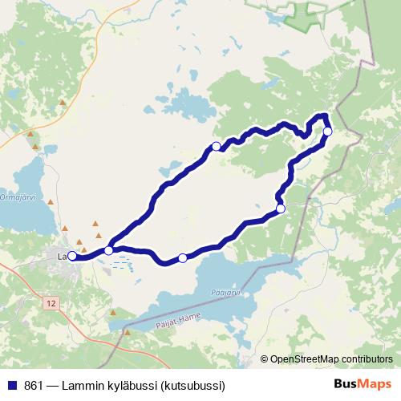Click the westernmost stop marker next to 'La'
tap(71, 256)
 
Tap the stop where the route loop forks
tap(109, 250)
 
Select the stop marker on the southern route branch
tap(183, 257)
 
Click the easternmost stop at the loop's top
tap(327, 131)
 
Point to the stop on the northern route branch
tap(216, 146)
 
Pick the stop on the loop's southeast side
tap(281, 209)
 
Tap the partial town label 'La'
tap(62, 256)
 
